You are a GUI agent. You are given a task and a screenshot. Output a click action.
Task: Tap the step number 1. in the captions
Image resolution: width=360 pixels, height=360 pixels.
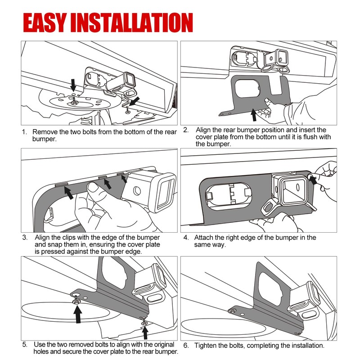(x=24, y=133)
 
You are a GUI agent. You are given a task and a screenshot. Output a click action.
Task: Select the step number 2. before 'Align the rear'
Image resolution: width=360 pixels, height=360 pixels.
(x=186, y=130)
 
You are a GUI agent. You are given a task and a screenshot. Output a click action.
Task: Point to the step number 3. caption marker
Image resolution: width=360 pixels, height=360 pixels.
(x=24, y=237)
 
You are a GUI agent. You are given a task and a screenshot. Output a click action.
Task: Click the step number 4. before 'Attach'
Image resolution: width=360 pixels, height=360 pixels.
(x=186, y=237)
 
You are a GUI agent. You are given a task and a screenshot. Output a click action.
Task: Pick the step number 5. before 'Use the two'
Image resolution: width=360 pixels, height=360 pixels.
(x=24, y=345)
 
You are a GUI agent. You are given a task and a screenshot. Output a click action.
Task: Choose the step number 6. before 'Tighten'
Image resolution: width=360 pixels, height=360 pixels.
(x=186, y=346)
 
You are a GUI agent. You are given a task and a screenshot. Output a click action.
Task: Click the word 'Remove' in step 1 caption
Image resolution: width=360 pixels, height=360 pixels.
(x=44, y=133)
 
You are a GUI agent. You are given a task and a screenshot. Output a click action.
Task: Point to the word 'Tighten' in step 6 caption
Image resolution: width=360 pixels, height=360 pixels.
(x=207, y=346)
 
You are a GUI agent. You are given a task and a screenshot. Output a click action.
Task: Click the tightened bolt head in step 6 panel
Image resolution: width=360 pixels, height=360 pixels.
(x=232, y=311)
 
